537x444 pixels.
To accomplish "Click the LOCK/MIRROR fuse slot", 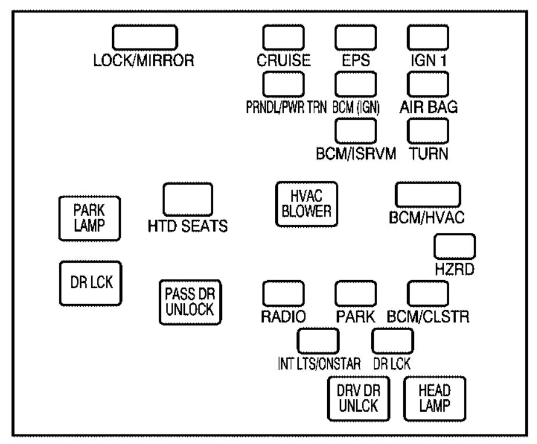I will click(x=145, y=38).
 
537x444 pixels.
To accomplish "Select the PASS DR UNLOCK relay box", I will click(x=191, y=301).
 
